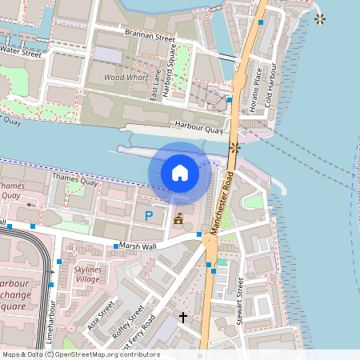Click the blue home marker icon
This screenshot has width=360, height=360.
point(180,173)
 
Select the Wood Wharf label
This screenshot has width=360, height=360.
point(124,78)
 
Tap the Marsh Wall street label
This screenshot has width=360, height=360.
point(137,246)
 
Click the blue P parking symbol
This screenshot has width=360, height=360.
point(148,215)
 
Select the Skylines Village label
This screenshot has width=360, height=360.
point(87,275)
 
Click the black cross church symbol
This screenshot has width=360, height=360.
point(183,318)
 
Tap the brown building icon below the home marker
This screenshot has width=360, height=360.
point(178,218)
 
